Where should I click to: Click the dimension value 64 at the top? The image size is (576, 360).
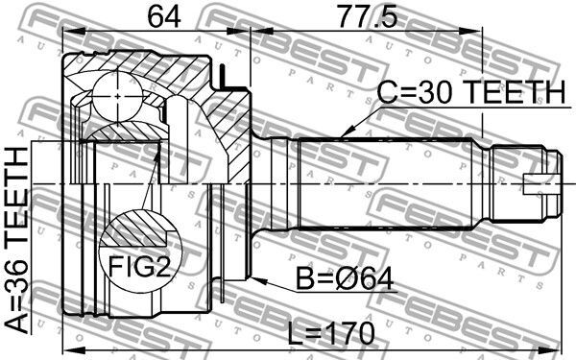(164, 17)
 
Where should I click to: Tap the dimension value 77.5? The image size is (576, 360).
(368, 17)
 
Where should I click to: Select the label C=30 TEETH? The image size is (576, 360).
(471, 92)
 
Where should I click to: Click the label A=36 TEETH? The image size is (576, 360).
(17, 241)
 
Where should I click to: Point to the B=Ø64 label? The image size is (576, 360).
(345, 279)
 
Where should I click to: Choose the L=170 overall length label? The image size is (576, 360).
(330, 333)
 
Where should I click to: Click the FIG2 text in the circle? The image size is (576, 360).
(140, 266)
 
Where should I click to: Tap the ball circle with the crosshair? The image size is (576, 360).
(117, 96)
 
